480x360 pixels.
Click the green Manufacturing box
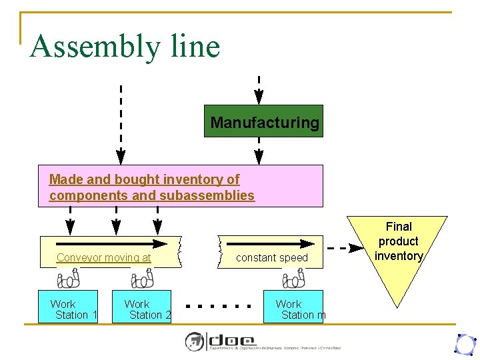click(264, 121)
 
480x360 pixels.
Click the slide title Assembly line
click(125, 46)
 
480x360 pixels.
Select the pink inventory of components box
click(180, 186)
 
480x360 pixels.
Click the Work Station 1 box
click(68, 307)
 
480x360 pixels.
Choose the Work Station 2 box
click(142, 307)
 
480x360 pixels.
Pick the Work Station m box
click(293, 307)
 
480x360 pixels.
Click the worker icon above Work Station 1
click(69, 278)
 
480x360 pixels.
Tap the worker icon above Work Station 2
click(142, 278)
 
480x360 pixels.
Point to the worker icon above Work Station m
click(293, 278)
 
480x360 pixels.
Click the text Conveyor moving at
click(104, 258)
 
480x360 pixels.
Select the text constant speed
click(272, 258)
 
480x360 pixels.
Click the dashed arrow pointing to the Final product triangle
click(347, 248)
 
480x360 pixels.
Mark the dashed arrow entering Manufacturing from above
click(259, 90)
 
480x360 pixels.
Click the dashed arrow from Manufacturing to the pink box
click(259, 151)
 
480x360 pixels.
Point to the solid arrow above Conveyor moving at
click(111, 243)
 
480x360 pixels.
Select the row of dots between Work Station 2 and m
click(218, 307)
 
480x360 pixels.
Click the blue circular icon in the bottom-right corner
click(464, 344)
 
